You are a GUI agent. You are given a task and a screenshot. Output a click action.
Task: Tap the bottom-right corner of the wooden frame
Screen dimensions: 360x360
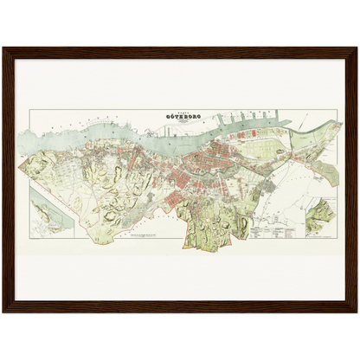click(357, 312)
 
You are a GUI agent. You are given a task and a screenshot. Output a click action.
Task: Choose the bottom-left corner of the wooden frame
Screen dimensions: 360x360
click(3, 312)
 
